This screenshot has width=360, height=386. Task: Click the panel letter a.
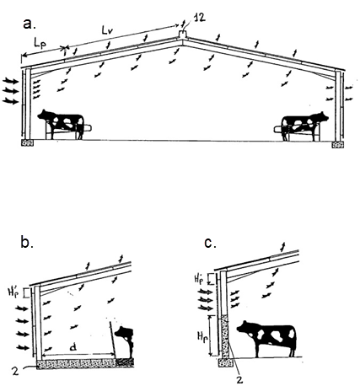(x=30, y=24)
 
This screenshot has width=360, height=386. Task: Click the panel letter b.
(x=27, y=243)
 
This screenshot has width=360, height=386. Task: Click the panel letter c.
(x=211, y=244)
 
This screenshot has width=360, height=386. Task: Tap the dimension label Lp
(x=40, y=44)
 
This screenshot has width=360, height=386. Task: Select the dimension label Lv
(x=107, y=30)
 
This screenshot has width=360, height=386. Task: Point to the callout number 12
(x=199, y=18)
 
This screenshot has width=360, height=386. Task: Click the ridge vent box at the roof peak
(x=183, y=35)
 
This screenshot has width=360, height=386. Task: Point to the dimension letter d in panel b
(x=73, y=348)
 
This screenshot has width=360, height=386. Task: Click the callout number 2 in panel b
(x=15, y=372)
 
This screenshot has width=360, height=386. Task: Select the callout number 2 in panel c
(x=239, y=379)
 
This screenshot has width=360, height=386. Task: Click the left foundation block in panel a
(x=28, y=142)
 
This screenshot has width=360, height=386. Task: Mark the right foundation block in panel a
(x=337, y=145)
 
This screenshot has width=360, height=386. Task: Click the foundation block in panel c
(x=226, y=362)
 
